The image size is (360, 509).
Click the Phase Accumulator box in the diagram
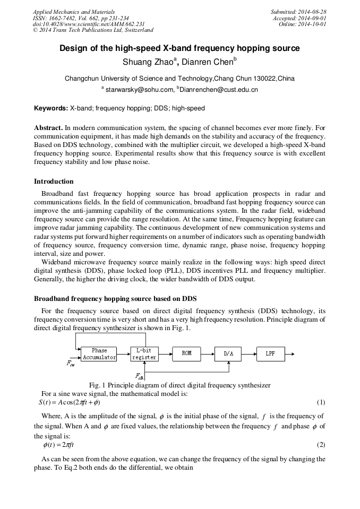click(x=99, y=354)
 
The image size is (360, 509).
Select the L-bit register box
click(x=144, y=354)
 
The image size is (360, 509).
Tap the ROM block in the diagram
click(x=187, y=353)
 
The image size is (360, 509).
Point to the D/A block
click(x=228, y=353)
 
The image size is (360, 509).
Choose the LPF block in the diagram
click(x=270, y=353)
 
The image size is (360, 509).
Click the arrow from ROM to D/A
click(x=208, y=353)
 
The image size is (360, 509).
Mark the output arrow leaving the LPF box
click(x=292, y=353)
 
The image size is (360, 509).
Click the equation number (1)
click(x=321, y=402)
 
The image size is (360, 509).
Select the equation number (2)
click(x=321, y=445)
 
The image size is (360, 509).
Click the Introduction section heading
click(x=54, y=182)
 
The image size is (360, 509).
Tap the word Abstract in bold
click(x=48, y=128)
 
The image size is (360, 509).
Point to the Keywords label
click(x=51, y=108)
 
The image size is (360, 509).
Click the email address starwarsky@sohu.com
click(x=139, y=90)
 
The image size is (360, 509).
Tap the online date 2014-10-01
click(x=313, y=24)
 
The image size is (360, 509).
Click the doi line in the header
click(x=89, y=24)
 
